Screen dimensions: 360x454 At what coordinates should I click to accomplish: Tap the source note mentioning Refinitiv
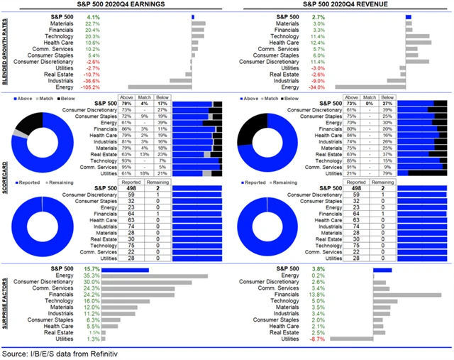tap(59, 352)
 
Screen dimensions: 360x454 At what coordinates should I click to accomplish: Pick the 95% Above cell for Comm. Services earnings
tap(127, 168)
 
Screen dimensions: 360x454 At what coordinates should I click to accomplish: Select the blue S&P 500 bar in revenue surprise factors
tap(382, 269)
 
